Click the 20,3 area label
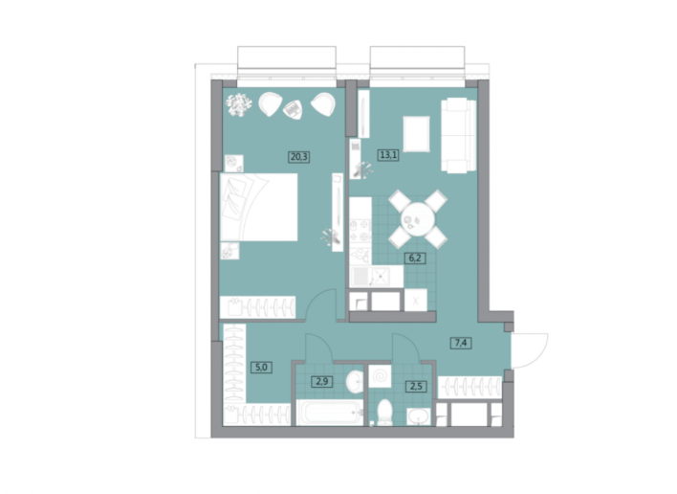pos(298,156)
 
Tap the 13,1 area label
pos(388,154)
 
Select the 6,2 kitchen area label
pos(415,258)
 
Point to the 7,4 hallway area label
pos(461,343)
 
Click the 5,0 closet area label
pos(261,368)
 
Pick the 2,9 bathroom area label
pos(322,382)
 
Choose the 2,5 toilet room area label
pos(416,386)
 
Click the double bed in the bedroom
pos(258,207)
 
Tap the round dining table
pos(417,219)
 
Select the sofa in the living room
pos(458,135)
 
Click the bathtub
pos(330,413)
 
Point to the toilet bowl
pos(383,412)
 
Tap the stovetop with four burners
pos(360,232)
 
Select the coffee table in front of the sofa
pos(416,134)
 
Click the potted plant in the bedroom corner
pos(238,104)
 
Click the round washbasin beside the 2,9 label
pos(355,382)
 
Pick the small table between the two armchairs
pos(294,109)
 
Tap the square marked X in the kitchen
pos(415,301)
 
